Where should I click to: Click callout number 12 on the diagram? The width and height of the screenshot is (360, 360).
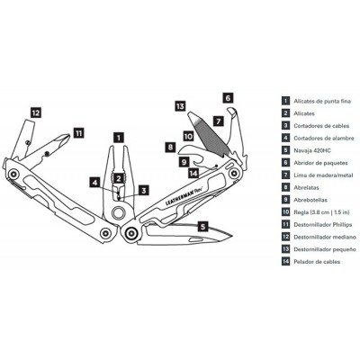[x=36, y=112]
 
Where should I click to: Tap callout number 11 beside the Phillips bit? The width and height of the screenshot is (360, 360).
[x=78, y=133]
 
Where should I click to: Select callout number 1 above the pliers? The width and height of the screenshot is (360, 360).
[x=119, y=138]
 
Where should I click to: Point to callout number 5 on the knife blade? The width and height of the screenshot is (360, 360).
[x=203, y=226]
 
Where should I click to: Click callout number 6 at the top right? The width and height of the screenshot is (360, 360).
[x=228, y=98]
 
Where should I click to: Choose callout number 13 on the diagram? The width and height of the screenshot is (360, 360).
[x=180, y=106]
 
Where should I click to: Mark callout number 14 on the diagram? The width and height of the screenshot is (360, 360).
[x=193, y=173]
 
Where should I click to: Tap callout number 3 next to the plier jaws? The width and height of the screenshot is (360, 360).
[x=144, y=190]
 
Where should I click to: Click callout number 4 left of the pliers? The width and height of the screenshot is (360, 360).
[x=95, y=182]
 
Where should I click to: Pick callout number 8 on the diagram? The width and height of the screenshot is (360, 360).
[x=170, y=147]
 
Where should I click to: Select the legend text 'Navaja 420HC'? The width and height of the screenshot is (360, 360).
[x=312, y=150]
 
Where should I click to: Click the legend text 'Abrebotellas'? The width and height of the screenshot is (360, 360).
[x=310, y=200]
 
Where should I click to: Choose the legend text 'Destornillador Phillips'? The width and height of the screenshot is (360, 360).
[x=323, y=224]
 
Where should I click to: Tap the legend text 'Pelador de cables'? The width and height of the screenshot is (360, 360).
[x=317, y=262]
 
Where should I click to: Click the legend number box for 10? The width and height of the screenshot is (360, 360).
[x=286, y=212]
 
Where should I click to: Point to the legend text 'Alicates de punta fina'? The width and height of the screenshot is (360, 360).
[x=322, y=102]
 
